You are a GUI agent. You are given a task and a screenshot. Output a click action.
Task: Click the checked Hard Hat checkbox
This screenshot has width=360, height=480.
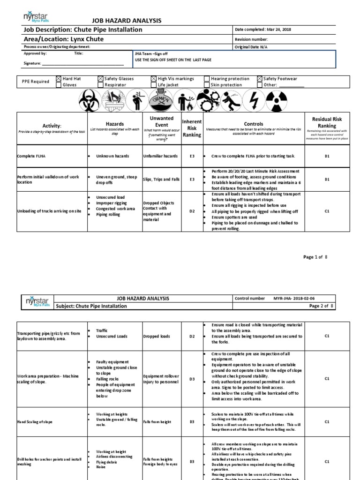[x=59, y=79]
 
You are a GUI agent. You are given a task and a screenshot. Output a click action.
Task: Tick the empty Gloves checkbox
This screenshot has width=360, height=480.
[x=59, y=85]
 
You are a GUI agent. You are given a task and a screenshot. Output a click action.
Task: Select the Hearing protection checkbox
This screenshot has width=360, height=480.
[x=207, y=79]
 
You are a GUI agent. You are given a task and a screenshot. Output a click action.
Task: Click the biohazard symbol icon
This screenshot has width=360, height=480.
[x=87, y=99]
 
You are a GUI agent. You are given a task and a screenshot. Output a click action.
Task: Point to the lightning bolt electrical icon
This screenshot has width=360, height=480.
[x=254, y=99]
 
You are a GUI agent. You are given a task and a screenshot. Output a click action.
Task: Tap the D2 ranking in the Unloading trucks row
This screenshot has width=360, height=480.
[x=192, y=211]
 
